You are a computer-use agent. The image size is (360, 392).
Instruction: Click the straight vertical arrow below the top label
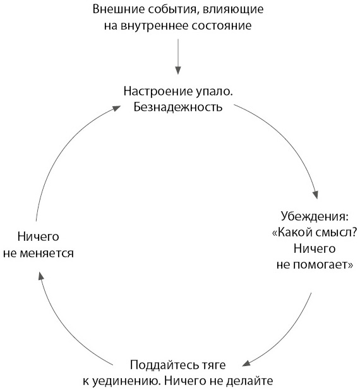tap(177, 56)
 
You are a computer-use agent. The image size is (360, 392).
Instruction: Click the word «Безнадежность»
tap(177, 107)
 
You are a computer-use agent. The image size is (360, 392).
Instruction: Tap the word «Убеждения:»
tap(315, 216)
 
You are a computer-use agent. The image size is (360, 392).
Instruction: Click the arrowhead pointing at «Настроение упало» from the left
tap(116, 108)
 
